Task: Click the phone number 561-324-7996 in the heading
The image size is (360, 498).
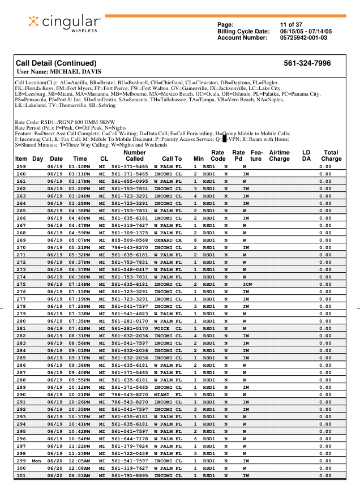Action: [307, 63]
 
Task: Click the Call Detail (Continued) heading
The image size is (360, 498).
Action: [56, 63]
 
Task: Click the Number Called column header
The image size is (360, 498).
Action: [134, 156]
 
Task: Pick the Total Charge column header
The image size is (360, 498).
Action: [331, 156]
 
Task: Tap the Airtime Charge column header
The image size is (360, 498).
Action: [279, 156]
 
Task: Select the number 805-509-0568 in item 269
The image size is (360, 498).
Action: [130, 240]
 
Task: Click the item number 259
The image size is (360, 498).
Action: [21, 166]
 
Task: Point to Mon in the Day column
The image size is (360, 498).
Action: [37, 461]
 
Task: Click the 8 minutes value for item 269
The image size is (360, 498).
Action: [195, 240]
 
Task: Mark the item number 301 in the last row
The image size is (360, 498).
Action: [21, 475]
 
